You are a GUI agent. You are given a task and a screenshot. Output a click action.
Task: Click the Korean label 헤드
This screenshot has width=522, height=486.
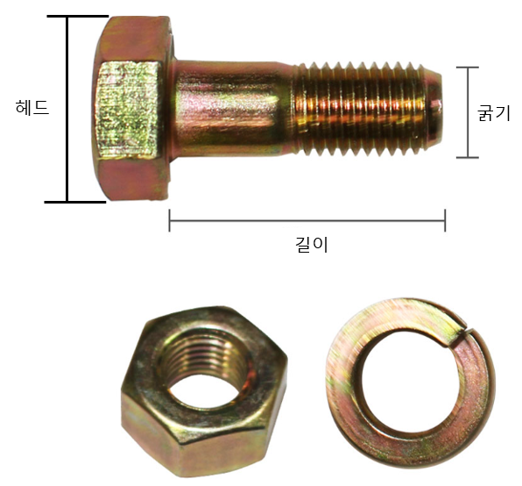click(x=32, y=108)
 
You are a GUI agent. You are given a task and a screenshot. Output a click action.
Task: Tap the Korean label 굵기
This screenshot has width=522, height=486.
click(x=494, y=112)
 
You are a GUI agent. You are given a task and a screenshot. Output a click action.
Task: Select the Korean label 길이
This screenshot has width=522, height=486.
click(x=312, y=245)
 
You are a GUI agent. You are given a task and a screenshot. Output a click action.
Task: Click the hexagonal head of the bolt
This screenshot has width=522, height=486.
click(x=132, y=108)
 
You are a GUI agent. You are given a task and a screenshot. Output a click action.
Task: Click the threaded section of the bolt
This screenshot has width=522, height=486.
click(x=360, y=108)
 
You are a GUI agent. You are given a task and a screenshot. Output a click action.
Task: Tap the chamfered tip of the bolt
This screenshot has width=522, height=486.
click(x=434, y=108)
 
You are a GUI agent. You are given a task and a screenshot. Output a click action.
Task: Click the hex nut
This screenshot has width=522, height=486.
click(x=204, y=391)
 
